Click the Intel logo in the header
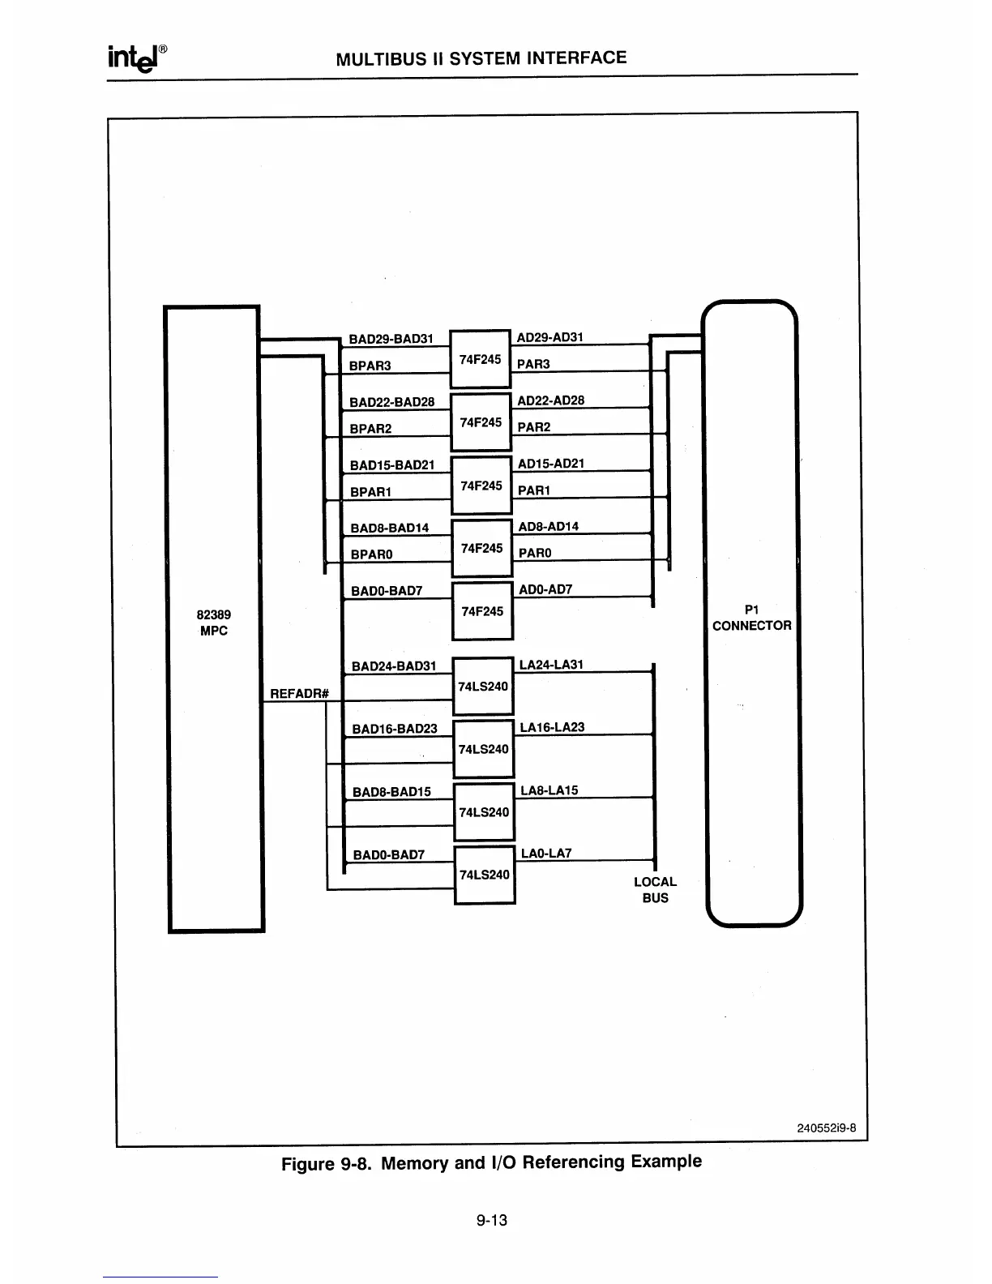coord(136,58)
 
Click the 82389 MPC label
coord(214,623)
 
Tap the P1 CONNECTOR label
coord(751,617)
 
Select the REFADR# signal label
coord(298,693)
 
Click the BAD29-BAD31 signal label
coord(391,339)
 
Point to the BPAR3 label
coord(370,366)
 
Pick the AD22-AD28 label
coord(550,400)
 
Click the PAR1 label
coord(534,490)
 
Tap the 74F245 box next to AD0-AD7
coord(482,611)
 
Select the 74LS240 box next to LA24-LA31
coord(483,687)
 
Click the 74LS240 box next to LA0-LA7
coord(485,875)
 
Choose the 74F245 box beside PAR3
coord(480,359)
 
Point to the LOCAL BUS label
coord(655,889)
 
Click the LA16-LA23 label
coord(552,727)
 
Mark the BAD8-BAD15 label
coord(392,792)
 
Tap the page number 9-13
coord(492,1220)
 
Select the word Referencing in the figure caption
coord(575,1162)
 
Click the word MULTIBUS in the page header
coord(375,58)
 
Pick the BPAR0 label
coord(371,554)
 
